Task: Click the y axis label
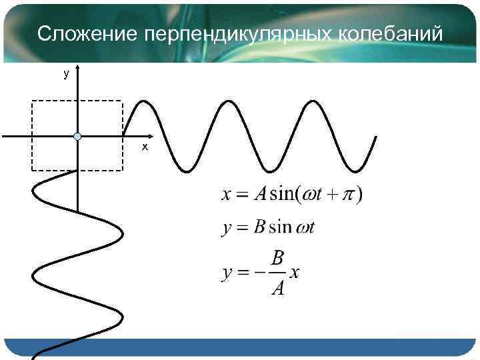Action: tap(65, 75)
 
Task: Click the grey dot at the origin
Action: tap(78, 137)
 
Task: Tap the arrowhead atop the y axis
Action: tap(78, 67)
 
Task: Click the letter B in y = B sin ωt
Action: tap(260, 228)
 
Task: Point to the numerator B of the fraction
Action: tap(277, 258)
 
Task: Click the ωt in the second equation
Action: tap(305, 228)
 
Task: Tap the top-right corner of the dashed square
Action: tap(123, 101)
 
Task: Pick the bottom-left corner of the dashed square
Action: tap(33, 171)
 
